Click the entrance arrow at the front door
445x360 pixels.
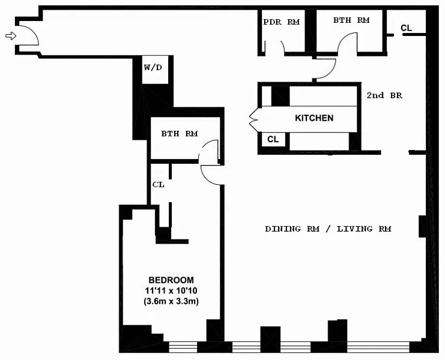[11, 36]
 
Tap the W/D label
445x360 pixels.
[153, 67]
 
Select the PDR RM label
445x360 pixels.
[281, 22]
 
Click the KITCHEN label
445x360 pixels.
[314, 118]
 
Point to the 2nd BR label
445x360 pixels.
[384, 95]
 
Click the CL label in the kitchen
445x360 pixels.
[273, 139]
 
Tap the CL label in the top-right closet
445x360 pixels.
[406, 28]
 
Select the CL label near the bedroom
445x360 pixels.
[159, 185]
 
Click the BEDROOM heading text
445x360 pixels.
[171, 280]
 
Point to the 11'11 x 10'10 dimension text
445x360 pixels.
[171, 290]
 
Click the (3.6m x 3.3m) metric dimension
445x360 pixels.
[171, 301]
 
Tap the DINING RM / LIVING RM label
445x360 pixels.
[328, 229]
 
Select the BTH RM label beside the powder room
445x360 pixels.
[351, 20]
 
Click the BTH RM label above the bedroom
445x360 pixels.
[180, 133]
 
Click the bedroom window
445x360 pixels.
[183, 347]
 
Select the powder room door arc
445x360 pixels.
[283, 46]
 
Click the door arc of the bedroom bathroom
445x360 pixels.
[205, 148]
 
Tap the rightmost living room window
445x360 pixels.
[378, 347]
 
